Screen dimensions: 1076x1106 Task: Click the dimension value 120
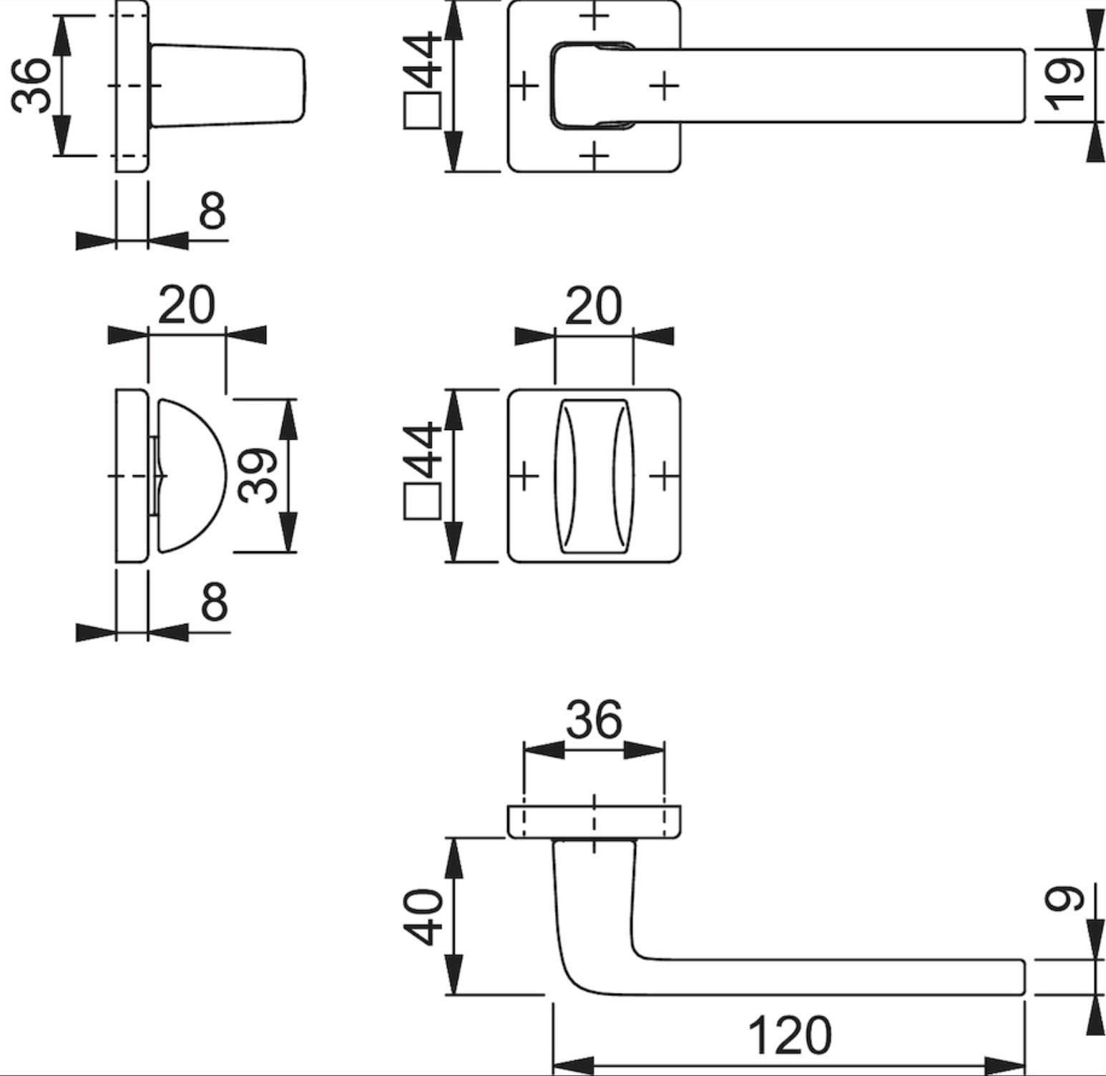789,1035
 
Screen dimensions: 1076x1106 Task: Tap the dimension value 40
424,917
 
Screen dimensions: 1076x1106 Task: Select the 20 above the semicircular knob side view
185,305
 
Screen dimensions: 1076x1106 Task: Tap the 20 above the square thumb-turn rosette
593,305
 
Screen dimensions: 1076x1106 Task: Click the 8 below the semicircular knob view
214,602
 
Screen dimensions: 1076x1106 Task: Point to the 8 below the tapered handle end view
212,211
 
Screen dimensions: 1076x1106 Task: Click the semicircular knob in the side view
190,476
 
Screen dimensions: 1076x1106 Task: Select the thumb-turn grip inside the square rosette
594,476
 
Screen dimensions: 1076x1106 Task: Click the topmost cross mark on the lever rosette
594,17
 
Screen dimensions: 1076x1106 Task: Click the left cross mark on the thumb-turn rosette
525,476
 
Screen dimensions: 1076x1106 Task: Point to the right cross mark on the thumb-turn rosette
664,476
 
